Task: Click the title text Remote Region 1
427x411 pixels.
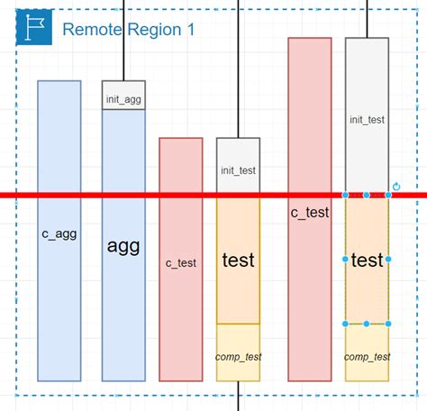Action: pos(128,30)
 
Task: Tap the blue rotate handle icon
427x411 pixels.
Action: pos(396,187)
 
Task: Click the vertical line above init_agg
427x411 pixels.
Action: pos(123,41)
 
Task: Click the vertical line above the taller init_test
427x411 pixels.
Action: pos(367,18)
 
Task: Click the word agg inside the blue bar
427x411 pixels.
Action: pos(123,246)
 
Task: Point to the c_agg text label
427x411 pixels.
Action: pos(59,233)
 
